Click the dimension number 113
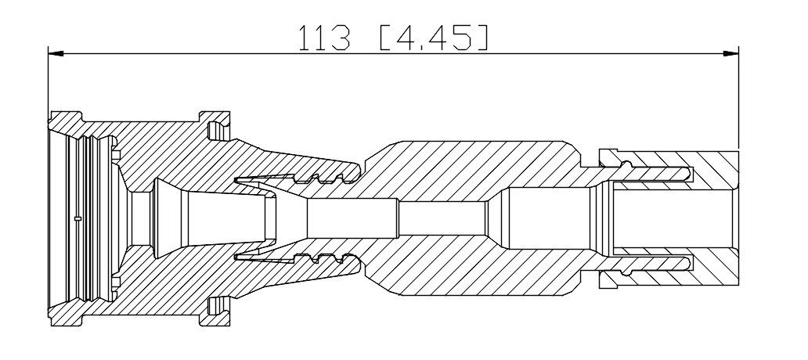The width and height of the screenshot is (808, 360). [x=325, y=38]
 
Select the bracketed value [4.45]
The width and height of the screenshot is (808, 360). [x=434, y=38]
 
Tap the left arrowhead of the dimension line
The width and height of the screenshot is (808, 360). [x=56, y=53]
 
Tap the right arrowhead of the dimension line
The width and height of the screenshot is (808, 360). [x=730, y=53]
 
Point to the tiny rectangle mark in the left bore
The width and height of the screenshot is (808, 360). [x=78, y=219]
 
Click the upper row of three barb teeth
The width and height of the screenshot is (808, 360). [x=319, y=178]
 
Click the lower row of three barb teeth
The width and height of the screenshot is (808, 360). [x=319, y=257]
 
